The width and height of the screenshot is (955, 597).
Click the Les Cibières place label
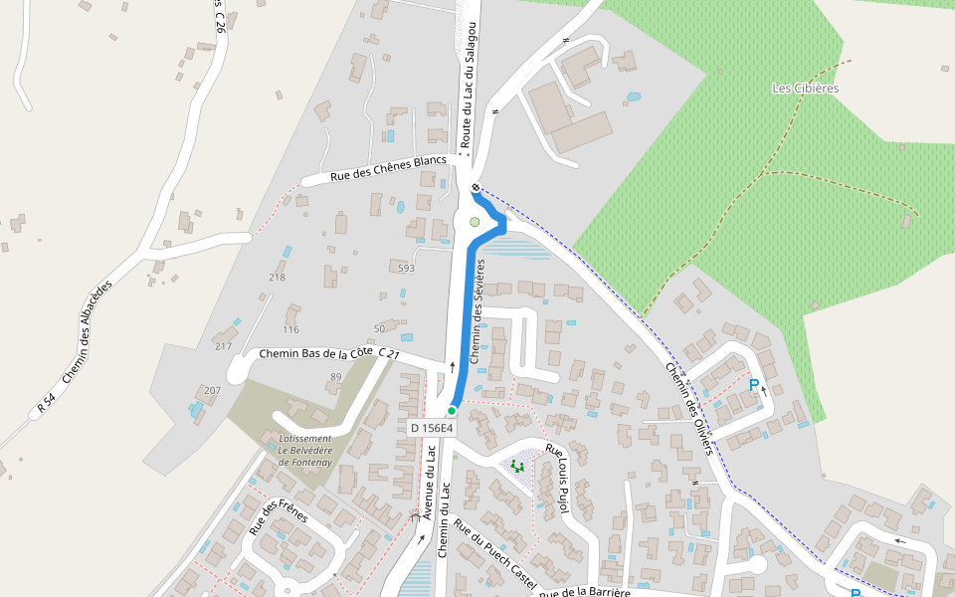[805, 88]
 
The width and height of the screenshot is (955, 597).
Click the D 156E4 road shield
[432, 428]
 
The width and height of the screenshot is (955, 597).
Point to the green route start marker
[452, 410]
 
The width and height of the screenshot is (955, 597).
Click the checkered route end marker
[477, 187]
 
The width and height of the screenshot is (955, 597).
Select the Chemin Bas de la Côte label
[316, 353]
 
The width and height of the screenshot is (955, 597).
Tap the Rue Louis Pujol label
[555, 480]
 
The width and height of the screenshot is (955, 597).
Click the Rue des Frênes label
[278, 514]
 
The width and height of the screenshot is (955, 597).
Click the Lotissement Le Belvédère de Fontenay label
[305, 450]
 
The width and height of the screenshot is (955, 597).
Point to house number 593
[406, 268]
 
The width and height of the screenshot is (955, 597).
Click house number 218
[277, 277]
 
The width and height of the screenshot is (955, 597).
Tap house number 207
[212, 390]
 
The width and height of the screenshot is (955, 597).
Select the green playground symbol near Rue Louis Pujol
[516, 464]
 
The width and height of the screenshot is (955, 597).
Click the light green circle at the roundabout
[475, 222]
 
